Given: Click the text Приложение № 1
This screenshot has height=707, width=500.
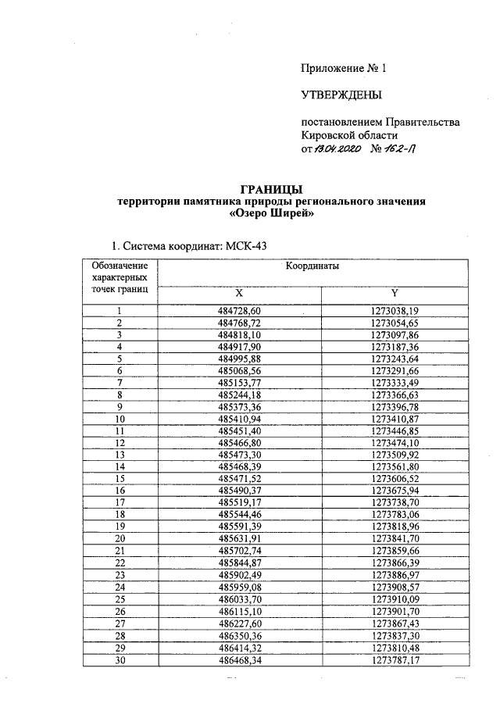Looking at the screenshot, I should [x=344, y=69].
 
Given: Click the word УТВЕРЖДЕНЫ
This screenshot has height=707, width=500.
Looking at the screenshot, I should [x=341, y=96].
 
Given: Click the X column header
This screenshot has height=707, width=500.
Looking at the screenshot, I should [x=240, y=293].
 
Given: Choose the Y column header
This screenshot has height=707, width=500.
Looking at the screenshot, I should [x=395, y=293].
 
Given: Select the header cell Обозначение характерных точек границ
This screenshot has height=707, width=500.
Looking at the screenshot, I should [x=120, y=278].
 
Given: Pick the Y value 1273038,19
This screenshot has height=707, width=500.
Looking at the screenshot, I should [x=395, y=311].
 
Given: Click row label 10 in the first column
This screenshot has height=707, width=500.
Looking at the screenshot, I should [x=120, y=419].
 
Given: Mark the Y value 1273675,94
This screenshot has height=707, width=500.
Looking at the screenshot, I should [x=395, y=490].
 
